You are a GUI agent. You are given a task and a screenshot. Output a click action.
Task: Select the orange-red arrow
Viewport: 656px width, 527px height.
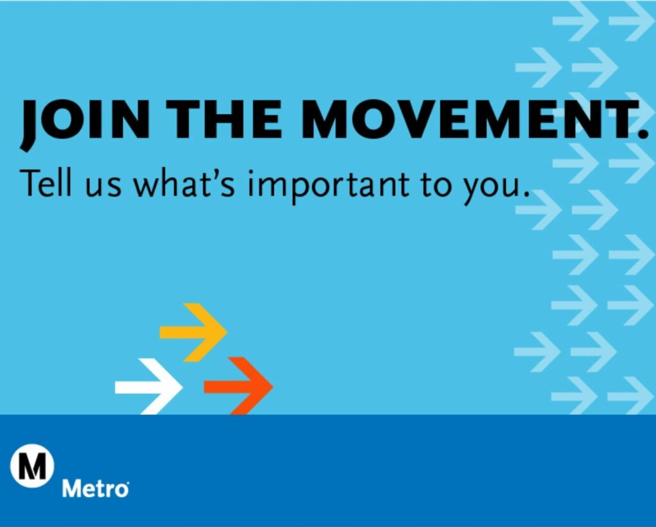(239, 386)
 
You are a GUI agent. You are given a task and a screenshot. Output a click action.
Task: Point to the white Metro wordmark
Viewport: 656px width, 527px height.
(95, 490)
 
